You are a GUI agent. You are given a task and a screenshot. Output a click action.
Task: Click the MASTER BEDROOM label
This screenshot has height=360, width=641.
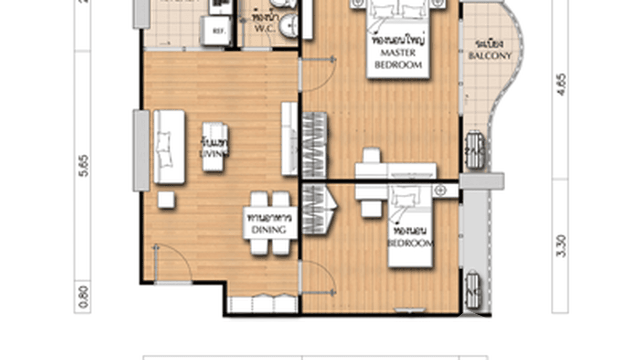[398, 58]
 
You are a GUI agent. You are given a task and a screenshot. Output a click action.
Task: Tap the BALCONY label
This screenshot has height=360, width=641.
[490, 56]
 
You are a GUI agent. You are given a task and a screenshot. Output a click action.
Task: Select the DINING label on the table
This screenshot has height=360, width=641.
[268, 230]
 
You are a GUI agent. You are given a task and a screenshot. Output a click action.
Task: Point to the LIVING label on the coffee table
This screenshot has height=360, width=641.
[214, 154]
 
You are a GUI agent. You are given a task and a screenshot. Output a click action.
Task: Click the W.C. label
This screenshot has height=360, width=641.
[264, 29]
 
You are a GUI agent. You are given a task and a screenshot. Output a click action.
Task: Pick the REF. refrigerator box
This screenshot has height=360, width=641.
[218, 31]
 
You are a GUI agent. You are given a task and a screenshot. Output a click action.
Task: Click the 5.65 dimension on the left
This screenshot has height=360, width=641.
[83, 166]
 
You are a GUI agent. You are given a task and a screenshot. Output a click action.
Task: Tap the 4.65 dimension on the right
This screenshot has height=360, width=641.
[561, 85]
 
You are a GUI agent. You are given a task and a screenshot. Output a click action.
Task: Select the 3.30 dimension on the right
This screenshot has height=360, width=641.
[561, 246]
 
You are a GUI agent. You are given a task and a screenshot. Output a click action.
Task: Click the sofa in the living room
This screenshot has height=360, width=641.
[169, 147]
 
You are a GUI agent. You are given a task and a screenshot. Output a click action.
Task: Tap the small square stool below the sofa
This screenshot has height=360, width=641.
[166, 200]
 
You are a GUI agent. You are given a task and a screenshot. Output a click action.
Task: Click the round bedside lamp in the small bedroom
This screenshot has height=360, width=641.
[440, 191]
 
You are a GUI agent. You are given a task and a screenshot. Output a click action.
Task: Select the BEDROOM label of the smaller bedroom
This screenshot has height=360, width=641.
[410, 243]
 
